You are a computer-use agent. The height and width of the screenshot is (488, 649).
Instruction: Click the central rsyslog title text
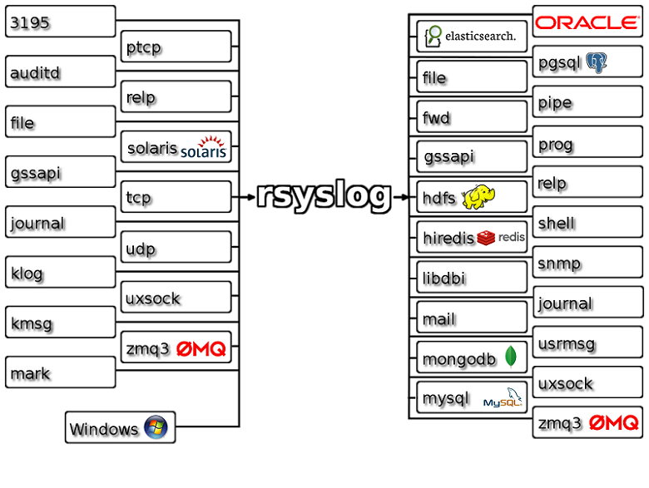(x=324, y=196)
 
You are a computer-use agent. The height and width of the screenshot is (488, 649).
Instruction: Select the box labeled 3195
(x=60, y=22)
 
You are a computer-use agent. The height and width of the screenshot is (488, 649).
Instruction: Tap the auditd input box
(x=60, y=72)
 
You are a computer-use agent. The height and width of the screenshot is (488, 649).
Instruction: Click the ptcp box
(x=176, y=47)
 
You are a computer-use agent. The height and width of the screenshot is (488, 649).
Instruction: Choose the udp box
(x=176, y=248)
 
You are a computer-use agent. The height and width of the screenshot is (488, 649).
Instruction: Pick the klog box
(x=60, y=273)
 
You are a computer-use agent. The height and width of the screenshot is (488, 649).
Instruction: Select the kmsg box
(x=60, y=323)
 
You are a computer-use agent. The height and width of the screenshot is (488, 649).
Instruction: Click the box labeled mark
(x=60, y=373)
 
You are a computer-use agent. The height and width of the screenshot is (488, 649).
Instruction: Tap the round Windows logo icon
(x=156, y=427)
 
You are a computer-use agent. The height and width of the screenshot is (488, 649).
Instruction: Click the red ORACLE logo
(x=587, y=22)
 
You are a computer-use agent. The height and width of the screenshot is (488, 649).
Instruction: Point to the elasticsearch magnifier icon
(x=433, y=36)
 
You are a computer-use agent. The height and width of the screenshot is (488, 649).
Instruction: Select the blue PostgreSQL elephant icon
(x=596, y=62)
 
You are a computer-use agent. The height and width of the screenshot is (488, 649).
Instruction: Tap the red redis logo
(x=487, y=238)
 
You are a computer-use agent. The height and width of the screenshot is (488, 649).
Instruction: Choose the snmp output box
(x=587, y=264)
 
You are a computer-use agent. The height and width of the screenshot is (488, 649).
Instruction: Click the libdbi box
(x=472, y=278)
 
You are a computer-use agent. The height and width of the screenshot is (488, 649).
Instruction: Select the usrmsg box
(x=587, y=343)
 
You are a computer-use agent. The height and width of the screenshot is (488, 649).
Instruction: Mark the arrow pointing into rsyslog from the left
(x=245, y=197)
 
